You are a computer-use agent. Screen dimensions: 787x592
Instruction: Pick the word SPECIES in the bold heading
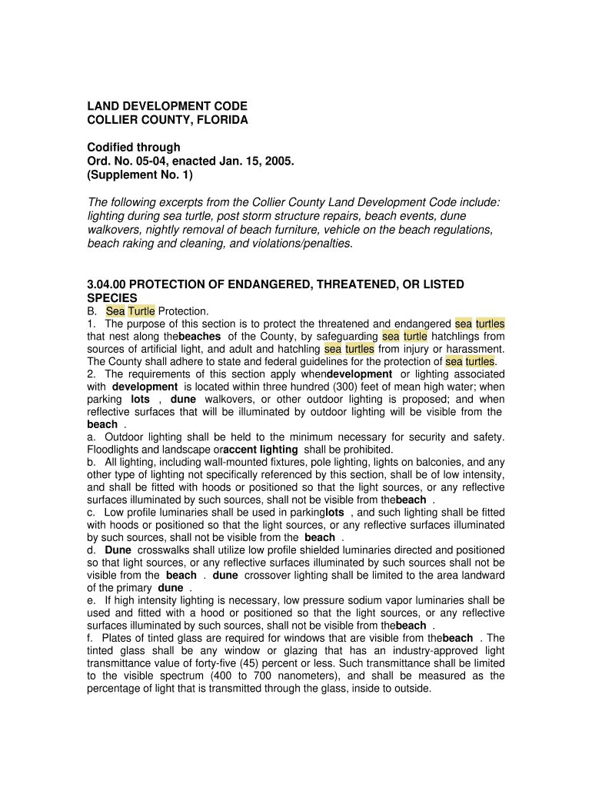(112, 297)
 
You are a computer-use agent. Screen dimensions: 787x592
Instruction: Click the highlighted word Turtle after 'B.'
(141, 311)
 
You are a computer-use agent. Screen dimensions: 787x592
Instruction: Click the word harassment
(474, 349)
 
